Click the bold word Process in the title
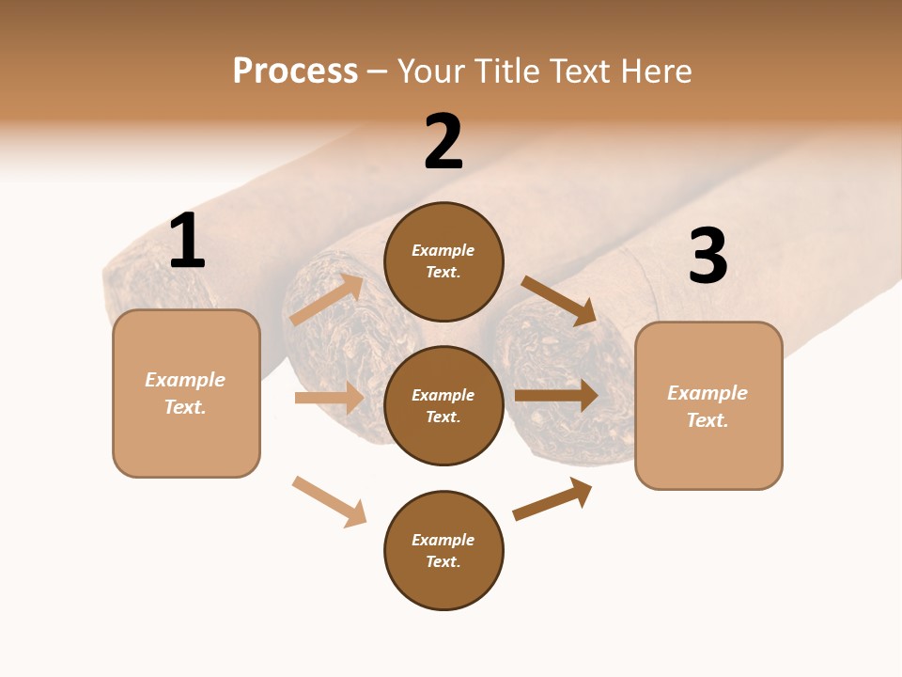click(295, 71)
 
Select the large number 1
click(187, 241)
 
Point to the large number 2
click(443, 142)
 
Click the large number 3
click(708, 255)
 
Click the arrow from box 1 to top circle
click(326, 300)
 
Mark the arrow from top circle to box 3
click(558, 300)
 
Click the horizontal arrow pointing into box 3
click(556, 396)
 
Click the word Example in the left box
click(185, 380)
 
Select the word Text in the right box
click(707, 420)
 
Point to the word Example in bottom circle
click(443, 540)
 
